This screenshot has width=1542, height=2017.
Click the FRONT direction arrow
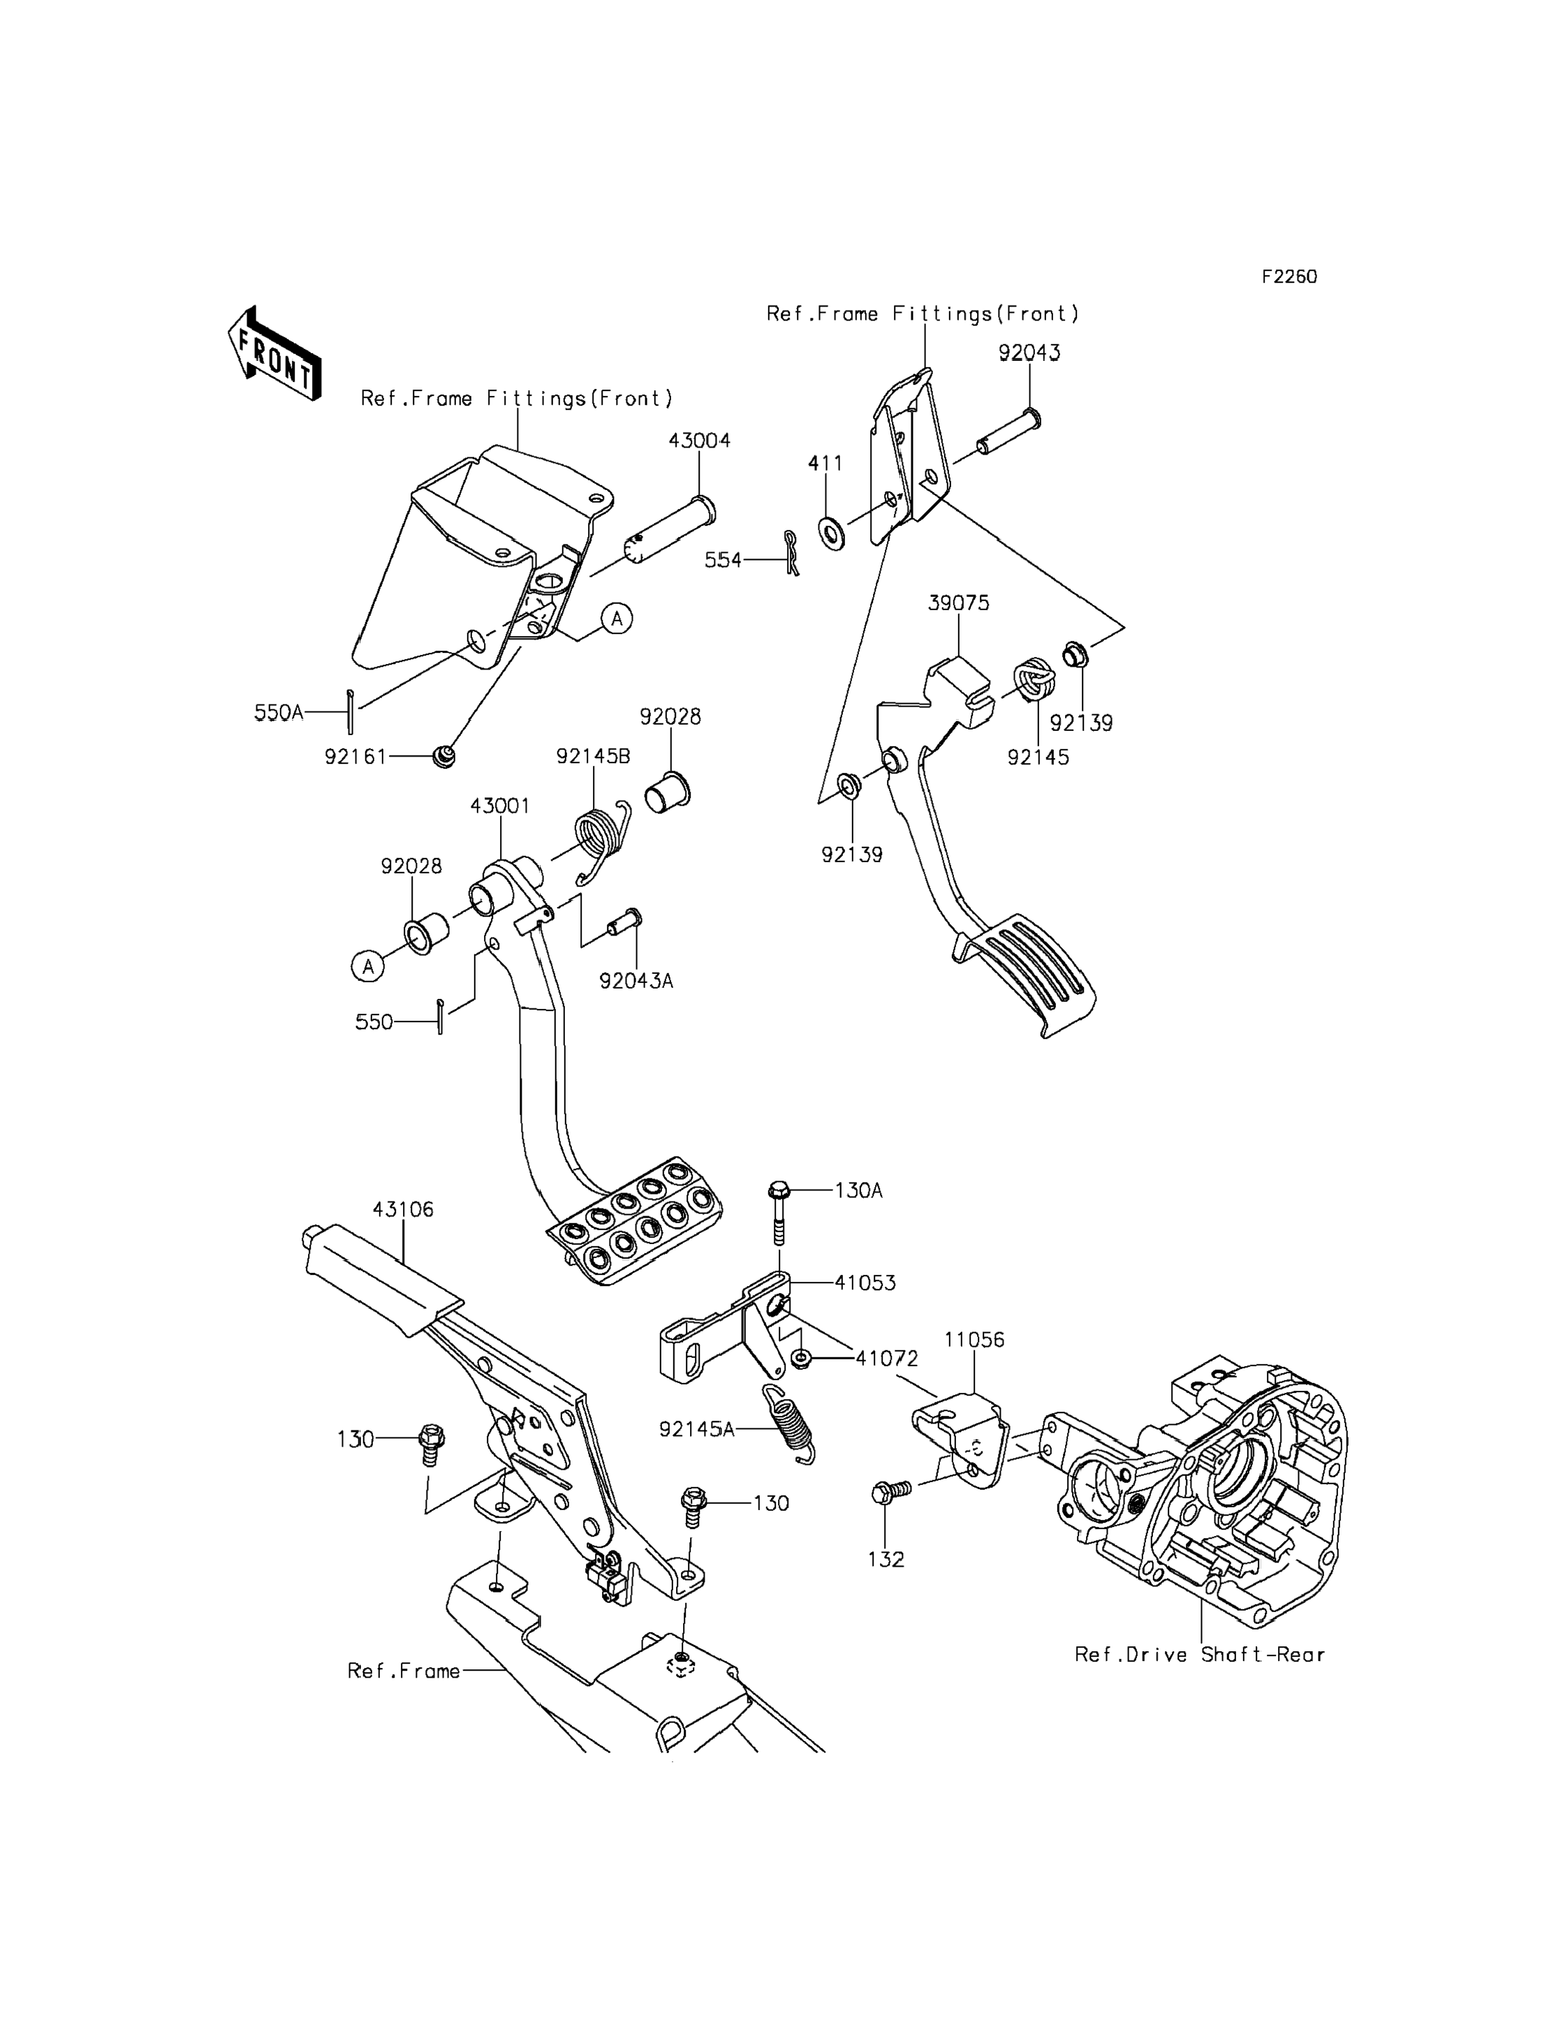pyautogui.click(x=274, y=354)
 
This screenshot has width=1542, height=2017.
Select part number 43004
pyautogui.click(x=699, y=441)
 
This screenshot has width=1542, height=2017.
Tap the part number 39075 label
pyautogui.click(x=958, y=603)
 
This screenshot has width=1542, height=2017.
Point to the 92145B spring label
pyautogui.click(x=593, y=756)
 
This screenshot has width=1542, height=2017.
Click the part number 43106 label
pyautogui.click(x=403, y=1209)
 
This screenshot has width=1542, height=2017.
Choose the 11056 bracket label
pyautogui.click(x=975, y=1340)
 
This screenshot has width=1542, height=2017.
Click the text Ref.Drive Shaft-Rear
pyautogui.click(x=1200, y=1655)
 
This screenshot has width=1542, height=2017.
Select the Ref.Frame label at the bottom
pyautogui.click(x=404, y=1671)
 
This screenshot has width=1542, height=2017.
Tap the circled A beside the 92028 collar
pyautogui.click(x=368, y=966)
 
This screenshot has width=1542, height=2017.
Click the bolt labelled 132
pyautogui.click(x=890, y=1491)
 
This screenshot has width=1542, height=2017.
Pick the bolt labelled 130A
pyautogui.click(x=779, y=1212)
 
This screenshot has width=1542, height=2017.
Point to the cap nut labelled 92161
pyautogui.click(x=444, y=757)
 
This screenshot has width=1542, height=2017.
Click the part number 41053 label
pyautogui.click(x=865, y=1283)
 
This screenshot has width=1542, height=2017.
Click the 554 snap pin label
pyautogui.click(x=724, y=560)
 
